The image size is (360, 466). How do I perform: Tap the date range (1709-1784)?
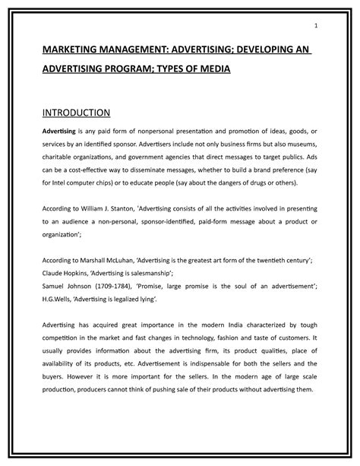click(106, 290)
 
